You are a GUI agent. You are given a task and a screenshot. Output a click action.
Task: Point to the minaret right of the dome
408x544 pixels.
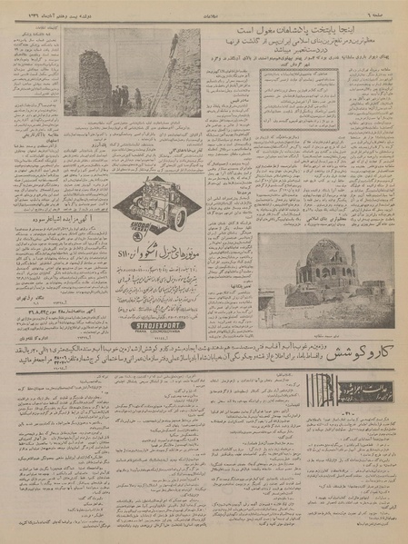tap(353, 256)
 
